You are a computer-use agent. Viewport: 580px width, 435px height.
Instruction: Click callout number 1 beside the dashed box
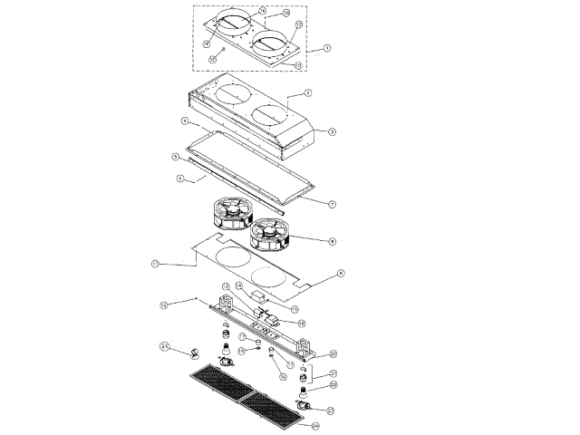[x=327, y=47]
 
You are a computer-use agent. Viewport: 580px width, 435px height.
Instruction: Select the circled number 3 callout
[x=333, y=131]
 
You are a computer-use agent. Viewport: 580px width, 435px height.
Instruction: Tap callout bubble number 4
[x=184, y=121]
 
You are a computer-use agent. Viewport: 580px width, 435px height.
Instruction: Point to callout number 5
[x=177, y=157]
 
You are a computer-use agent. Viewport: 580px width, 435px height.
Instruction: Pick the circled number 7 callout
[x=333, y=204]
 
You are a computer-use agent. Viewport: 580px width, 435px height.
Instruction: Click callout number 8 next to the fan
[x=333, y=241]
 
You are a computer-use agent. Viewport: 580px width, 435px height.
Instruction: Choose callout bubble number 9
[x=340, y=273]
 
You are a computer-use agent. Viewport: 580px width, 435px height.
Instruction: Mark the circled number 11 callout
[x=155, y=264]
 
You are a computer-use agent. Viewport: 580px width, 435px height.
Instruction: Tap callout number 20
[x=333, y=353]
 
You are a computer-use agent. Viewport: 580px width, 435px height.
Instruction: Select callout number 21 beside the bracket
[x=333, y=373]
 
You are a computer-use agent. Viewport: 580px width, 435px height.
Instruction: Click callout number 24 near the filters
[x=315, y=425]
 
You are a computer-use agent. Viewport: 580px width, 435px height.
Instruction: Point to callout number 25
[x=165, y=345]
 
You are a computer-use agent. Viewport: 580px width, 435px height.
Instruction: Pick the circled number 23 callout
[x=330, y=411]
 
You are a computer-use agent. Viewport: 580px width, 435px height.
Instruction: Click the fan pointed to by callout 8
[x=269, y=235]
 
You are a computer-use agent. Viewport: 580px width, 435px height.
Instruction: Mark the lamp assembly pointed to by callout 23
[x=304, y=405]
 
